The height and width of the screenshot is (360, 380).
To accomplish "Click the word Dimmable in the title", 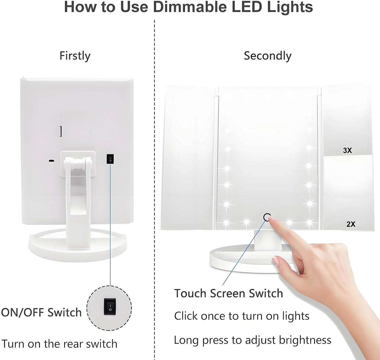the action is coord(190,7).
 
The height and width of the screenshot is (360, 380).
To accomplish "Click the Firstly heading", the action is coord(75,56).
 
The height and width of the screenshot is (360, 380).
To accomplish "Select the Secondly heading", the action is coord(268,56).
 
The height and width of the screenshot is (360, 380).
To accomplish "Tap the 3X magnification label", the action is coord(347,150).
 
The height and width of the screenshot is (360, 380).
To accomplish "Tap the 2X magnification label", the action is coord(351,224).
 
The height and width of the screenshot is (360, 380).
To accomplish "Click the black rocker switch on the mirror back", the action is coord(110,159).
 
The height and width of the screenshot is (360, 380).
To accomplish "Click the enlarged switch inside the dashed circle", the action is coord(110,307).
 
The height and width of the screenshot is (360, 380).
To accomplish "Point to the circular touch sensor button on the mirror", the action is coord(267,217).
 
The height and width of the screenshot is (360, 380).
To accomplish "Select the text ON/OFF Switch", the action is coord(41,313).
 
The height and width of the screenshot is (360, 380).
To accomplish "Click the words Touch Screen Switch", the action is coord(229,293).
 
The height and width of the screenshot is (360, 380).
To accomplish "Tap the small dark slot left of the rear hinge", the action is coord(52,161).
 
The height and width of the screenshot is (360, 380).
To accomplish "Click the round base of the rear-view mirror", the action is coord(78,246).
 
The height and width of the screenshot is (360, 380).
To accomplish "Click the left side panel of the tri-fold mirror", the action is coord(189,158).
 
